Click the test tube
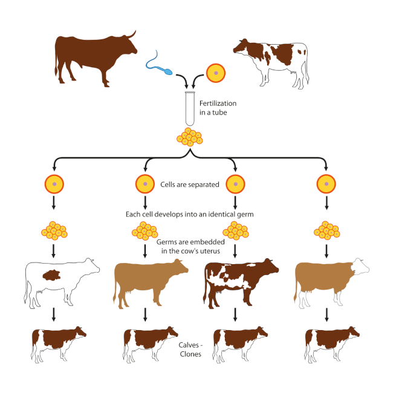point(190,109)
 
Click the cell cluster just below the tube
point(190,138)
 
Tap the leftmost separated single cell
point(54,183)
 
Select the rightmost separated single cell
point(327,183)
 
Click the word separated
point(205,184)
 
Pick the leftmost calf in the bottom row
point(57,341)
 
